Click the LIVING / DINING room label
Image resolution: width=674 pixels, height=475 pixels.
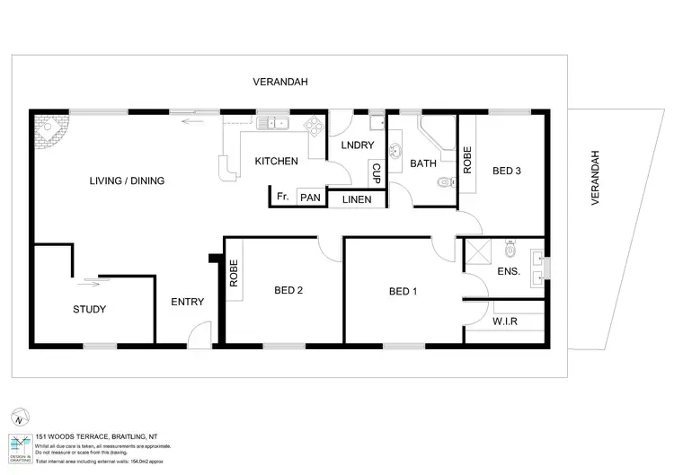click(x=127, y=180)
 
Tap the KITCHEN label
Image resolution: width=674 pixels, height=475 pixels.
click(x=276, y=162)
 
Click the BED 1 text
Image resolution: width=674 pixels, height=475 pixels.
click(x=404, y=291)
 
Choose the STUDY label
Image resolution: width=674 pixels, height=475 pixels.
click(x=89, y=310)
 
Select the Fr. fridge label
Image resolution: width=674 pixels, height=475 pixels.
click(x=282, y=197)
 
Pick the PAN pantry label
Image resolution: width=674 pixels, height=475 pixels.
click(x=309, y=198)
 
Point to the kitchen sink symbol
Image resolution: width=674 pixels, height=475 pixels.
click(x=270, y=123)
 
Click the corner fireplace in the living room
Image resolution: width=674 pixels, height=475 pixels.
click(x=47, y=134)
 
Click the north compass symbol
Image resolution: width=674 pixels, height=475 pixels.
click(x=19, y=418)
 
